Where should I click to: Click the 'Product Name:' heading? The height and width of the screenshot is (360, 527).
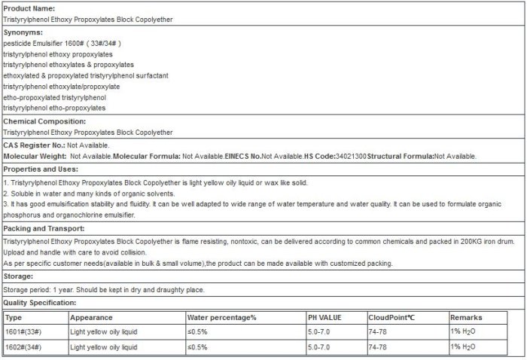28,7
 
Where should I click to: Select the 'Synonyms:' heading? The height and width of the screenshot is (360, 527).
23,32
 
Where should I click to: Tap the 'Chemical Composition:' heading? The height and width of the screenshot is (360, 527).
44,121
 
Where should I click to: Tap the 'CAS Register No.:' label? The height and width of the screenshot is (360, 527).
35,145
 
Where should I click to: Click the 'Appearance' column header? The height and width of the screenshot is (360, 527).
93,317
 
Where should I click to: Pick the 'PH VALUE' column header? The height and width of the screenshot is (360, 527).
326,317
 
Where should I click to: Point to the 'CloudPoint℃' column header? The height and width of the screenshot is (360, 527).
392,317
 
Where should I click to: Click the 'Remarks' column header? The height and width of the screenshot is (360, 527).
467,317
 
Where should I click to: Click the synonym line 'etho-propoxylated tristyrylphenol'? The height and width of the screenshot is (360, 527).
55,97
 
